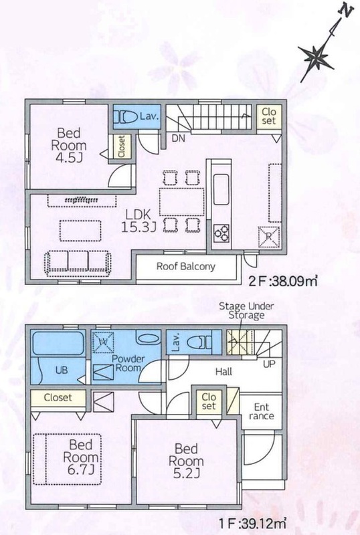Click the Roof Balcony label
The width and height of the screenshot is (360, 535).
(186, 266)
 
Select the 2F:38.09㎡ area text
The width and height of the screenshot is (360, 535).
(283, 281)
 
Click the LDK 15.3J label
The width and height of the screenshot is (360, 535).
(139, 221)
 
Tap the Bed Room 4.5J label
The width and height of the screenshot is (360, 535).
(69, 144)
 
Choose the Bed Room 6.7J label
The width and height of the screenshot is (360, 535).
(80, 457)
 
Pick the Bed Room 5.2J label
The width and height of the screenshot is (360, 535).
(186, 461)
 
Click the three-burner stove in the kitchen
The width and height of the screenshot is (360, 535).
(221, 233)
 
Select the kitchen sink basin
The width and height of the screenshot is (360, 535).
(221, 189)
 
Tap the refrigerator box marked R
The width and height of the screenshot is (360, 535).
(269, 237)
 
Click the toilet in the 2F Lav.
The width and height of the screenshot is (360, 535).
(125, 116)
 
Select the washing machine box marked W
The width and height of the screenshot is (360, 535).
(103, 342)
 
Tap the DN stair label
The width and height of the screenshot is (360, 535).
(178, 138)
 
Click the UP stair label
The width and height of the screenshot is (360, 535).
(269, 364)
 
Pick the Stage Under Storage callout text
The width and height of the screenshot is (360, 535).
(246, 310)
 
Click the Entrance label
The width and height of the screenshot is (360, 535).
(261, 411)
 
